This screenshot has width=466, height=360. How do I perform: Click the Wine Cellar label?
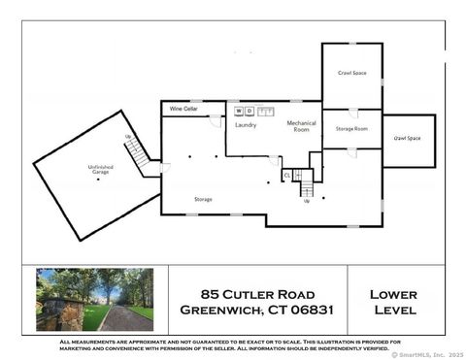tap(184, 110)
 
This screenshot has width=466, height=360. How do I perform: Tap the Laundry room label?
tap(245, 125)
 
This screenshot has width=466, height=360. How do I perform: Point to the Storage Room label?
tap(351, 128)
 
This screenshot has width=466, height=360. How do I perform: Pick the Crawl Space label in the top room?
tap(351, 73)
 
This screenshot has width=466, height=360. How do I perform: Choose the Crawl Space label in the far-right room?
tap(407, 139)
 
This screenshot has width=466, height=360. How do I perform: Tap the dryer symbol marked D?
tap(250, 112)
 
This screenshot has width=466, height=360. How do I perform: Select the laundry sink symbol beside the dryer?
tap(266, 112)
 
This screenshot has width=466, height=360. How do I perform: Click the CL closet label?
tap(287, 176)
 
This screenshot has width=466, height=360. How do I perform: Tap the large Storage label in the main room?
tap(203, 199)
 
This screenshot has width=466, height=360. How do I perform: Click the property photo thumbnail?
tap(94, 300)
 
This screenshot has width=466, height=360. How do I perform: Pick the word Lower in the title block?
tap(393, 293)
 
